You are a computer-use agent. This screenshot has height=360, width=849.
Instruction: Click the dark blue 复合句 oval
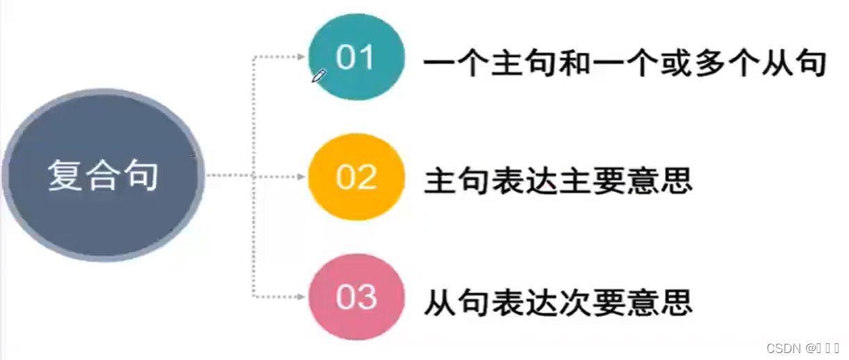pyautogui.click(x=103, y=175)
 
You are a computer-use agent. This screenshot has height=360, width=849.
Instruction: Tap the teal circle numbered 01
pyautogui.click(x=356, y=57)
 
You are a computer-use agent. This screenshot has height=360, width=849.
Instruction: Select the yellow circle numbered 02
pyautogui.click(x=356, y=177)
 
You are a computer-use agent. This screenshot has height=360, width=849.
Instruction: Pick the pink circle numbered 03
pyautogui.click(x=356, y=297)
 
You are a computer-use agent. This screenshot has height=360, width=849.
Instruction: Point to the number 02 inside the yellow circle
pyautogui.click(x=356, y=178)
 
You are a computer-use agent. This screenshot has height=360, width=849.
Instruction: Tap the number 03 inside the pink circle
pyautogui.click(x=356, y=297)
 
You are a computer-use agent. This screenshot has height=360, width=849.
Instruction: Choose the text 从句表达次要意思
pyautogui.click(x=558, y=303)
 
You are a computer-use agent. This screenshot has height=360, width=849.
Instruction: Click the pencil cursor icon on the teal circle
pyautogui.click(x=319, y=76)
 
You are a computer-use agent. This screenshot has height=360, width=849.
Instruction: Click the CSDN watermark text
pyautogui.click(x=802, y=347)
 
